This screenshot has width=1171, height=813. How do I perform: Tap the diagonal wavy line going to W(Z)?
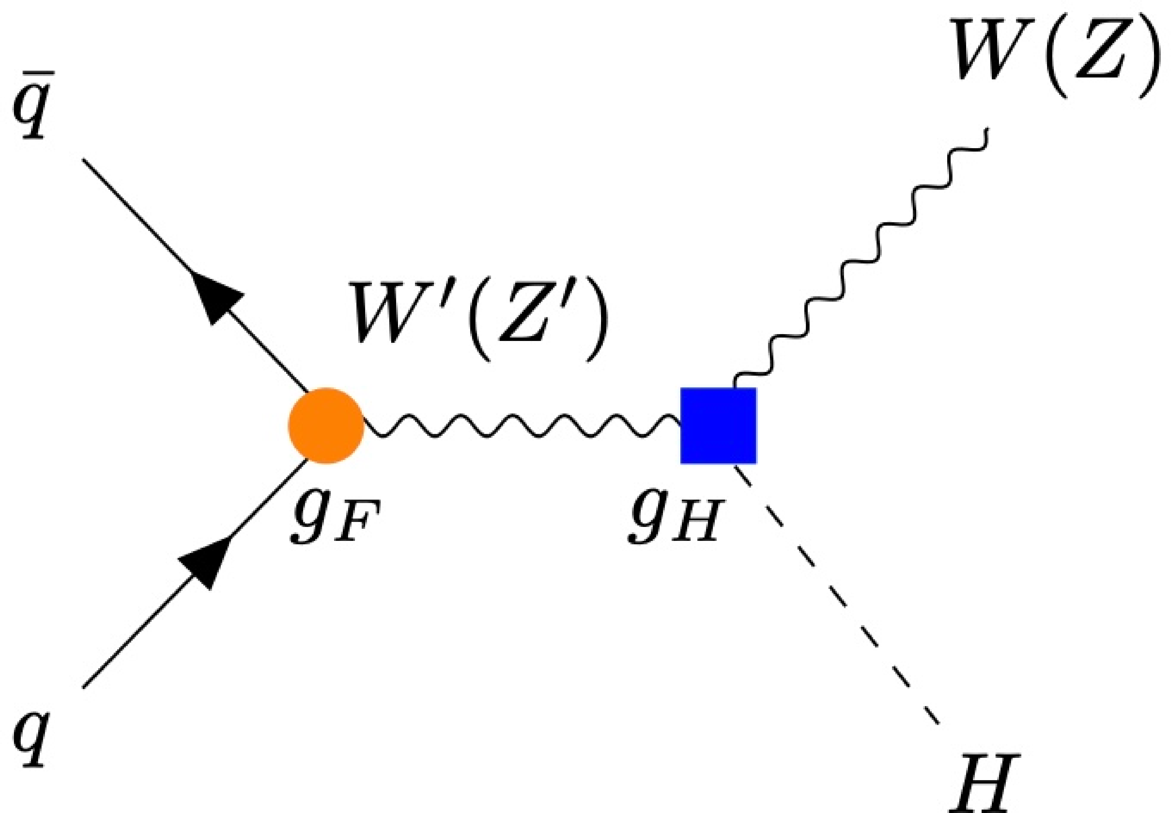pos(861,255)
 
